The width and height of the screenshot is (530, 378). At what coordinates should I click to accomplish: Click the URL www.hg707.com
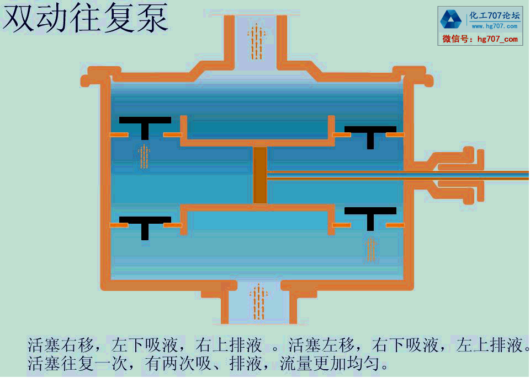click(x=494, y=26)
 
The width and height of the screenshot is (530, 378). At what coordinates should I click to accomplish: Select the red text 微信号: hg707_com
click(x=480, y=39)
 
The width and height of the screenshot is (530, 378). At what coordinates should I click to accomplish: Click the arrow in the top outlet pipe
click(x=257, y=41)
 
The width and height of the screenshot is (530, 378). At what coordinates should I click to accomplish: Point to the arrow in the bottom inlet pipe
click(x=257, y=301)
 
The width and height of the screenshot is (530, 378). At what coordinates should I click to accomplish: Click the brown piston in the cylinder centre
click(x=260, y=175)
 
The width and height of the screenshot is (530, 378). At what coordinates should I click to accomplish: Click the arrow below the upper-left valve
click(x=144, y=156)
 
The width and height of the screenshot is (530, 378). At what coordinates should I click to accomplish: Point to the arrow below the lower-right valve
click(x=371, y=249)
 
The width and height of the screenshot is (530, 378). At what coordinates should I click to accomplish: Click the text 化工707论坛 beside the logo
click(x=495, y=15)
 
